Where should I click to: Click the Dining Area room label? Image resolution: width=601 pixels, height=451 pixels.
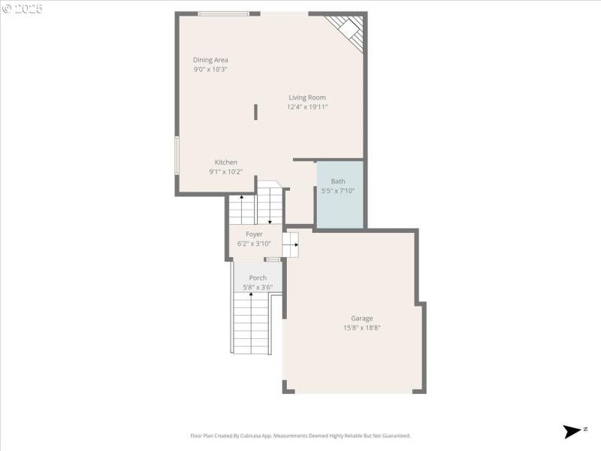coord(210,60)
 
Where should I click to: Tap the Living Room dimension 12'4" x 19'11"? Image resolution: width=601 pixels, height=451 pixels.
coord(307,107)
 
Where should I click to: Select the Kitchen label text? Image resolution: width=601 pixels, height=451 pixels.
coord(226,162)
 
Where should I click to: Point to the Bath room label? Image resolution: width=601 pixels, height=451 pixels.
coord(338,181)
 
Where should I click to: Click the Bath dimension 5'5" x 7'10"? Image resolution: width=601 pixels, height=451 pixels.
coord(338,191)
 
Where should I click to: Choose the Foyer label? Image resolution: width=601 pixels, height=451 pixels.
coord(254,235)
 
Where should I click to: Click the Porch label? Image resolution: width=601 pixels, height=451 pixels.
coord(258,278)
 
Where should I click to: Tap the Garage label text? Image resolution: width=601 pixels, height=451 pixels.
coord(361,318)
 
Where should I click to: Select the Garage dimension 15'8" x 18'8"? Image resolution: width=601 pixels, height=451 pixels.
coord(361,328)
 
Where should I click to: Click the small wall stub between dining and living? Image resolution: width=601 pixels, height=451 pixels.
coord(255,112)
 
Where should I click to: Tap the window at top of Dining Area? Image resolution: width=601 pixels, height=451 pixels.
coord(223,14)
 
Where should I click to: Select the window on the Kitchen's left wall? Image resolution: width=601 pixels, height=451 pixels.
coord(177,155)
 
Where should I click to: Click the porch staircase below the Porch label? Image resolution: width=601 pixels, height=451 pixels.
coord(251,323)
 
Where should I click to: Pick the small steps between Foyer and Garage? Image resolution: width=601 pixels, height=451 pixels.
coord(290,244)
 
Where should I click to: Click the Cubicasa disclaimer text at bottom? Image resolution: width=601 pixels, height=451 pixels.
coord(300,436)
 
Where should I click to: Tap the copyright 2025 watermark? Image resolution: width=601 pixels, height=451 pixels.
coord(23,9)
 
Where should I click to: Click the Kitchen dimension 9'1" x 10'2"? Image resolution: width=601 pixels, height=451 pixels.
coord(225,172)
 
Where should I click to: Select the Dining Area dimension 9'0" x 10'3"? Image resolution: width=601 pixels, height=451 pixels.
coord(210,69)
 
